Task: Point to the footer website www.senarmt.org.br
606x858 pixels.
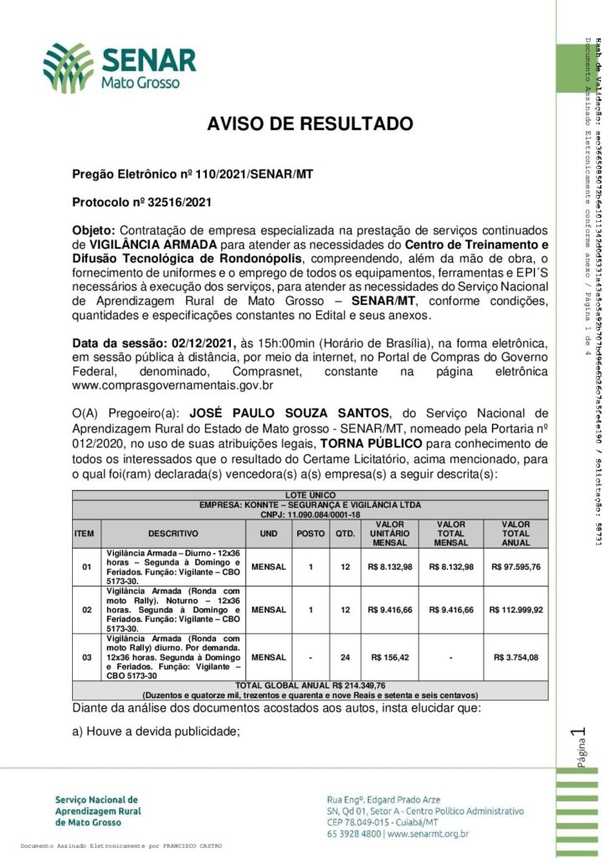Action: pos(428,834)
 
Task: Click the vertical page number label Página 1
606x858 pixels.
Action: pos(575,748)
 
